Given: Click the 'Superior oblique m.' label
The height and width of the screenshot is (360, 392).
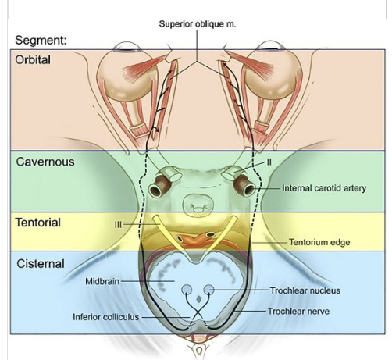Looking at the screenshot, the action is pyautogui.click(x=198, y=24).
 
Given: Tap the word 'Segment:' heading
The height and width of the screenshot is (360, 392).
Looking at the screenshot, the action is pyautogui.click(x=41, y=41).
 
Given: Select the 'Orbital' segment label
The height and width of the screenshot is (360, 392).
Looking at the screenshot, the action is pyautogui.click(x=33, y=60).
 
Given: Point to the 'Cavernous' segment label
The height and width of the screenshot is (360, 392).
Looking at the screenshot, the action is pyautogui.click(x=45, y=162).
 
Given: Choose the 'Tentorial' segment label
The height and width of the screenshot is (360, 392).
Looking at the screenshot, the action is pyautogui.click(x=38, y=223).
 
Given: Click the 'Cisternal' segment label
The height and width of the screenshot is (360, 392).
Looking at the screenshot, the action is pyautogui.click(x=41, y=264).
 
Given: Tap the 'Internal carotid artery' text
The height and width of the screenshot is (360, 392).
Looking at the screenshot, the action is pyautogui.click(x=324, y=188).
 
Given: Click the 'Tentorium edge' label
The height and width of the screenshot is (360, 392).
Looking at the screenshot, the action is pyautogui.click(x=319, y=242).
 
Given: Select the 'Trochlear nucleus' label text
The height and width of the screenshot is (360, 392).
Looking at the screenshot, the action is pyautogui.click(x=305, y=290).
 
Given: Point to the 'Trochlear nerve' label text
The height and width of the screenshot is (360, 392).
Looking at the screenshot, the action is pyautogui.click(x=298, y=311).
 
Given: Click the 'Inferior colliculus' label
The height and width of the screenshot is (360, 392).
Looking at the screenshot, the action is pyautogui.click(x=105, y=317).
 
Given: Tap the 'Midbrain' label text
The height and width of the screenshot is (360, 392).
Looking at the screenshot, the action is pyautogui.click(x=102, y=281).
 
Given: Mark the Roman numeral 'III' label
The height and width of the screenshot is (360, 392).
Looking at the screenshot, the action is pyautogui.click(x=118, y=225).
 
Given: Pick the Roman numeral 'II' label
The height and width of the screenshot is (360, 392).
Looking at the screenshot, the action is pyautogui.click(x=269, y=162).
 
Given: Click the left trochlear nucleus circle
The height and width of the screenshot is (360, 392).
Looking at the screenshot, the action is pyautogui.click(x=187, y=290).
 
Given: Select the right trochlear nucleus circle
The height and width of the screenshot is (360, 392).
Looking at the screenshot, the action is pyautogui.click(x=208, y=290).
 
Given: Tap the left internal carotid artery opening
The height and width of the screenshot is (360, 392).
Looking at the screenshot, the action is pyautogui.click(x=156, y=191).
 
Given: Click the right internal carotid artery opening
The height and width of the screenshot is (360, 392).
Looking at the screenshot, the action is pyautogui.click(x=249, y=189).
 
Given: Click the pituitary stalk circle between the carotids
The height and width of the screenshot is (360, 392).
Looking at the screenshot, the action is pyautogui.click(x=198, y=206).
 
